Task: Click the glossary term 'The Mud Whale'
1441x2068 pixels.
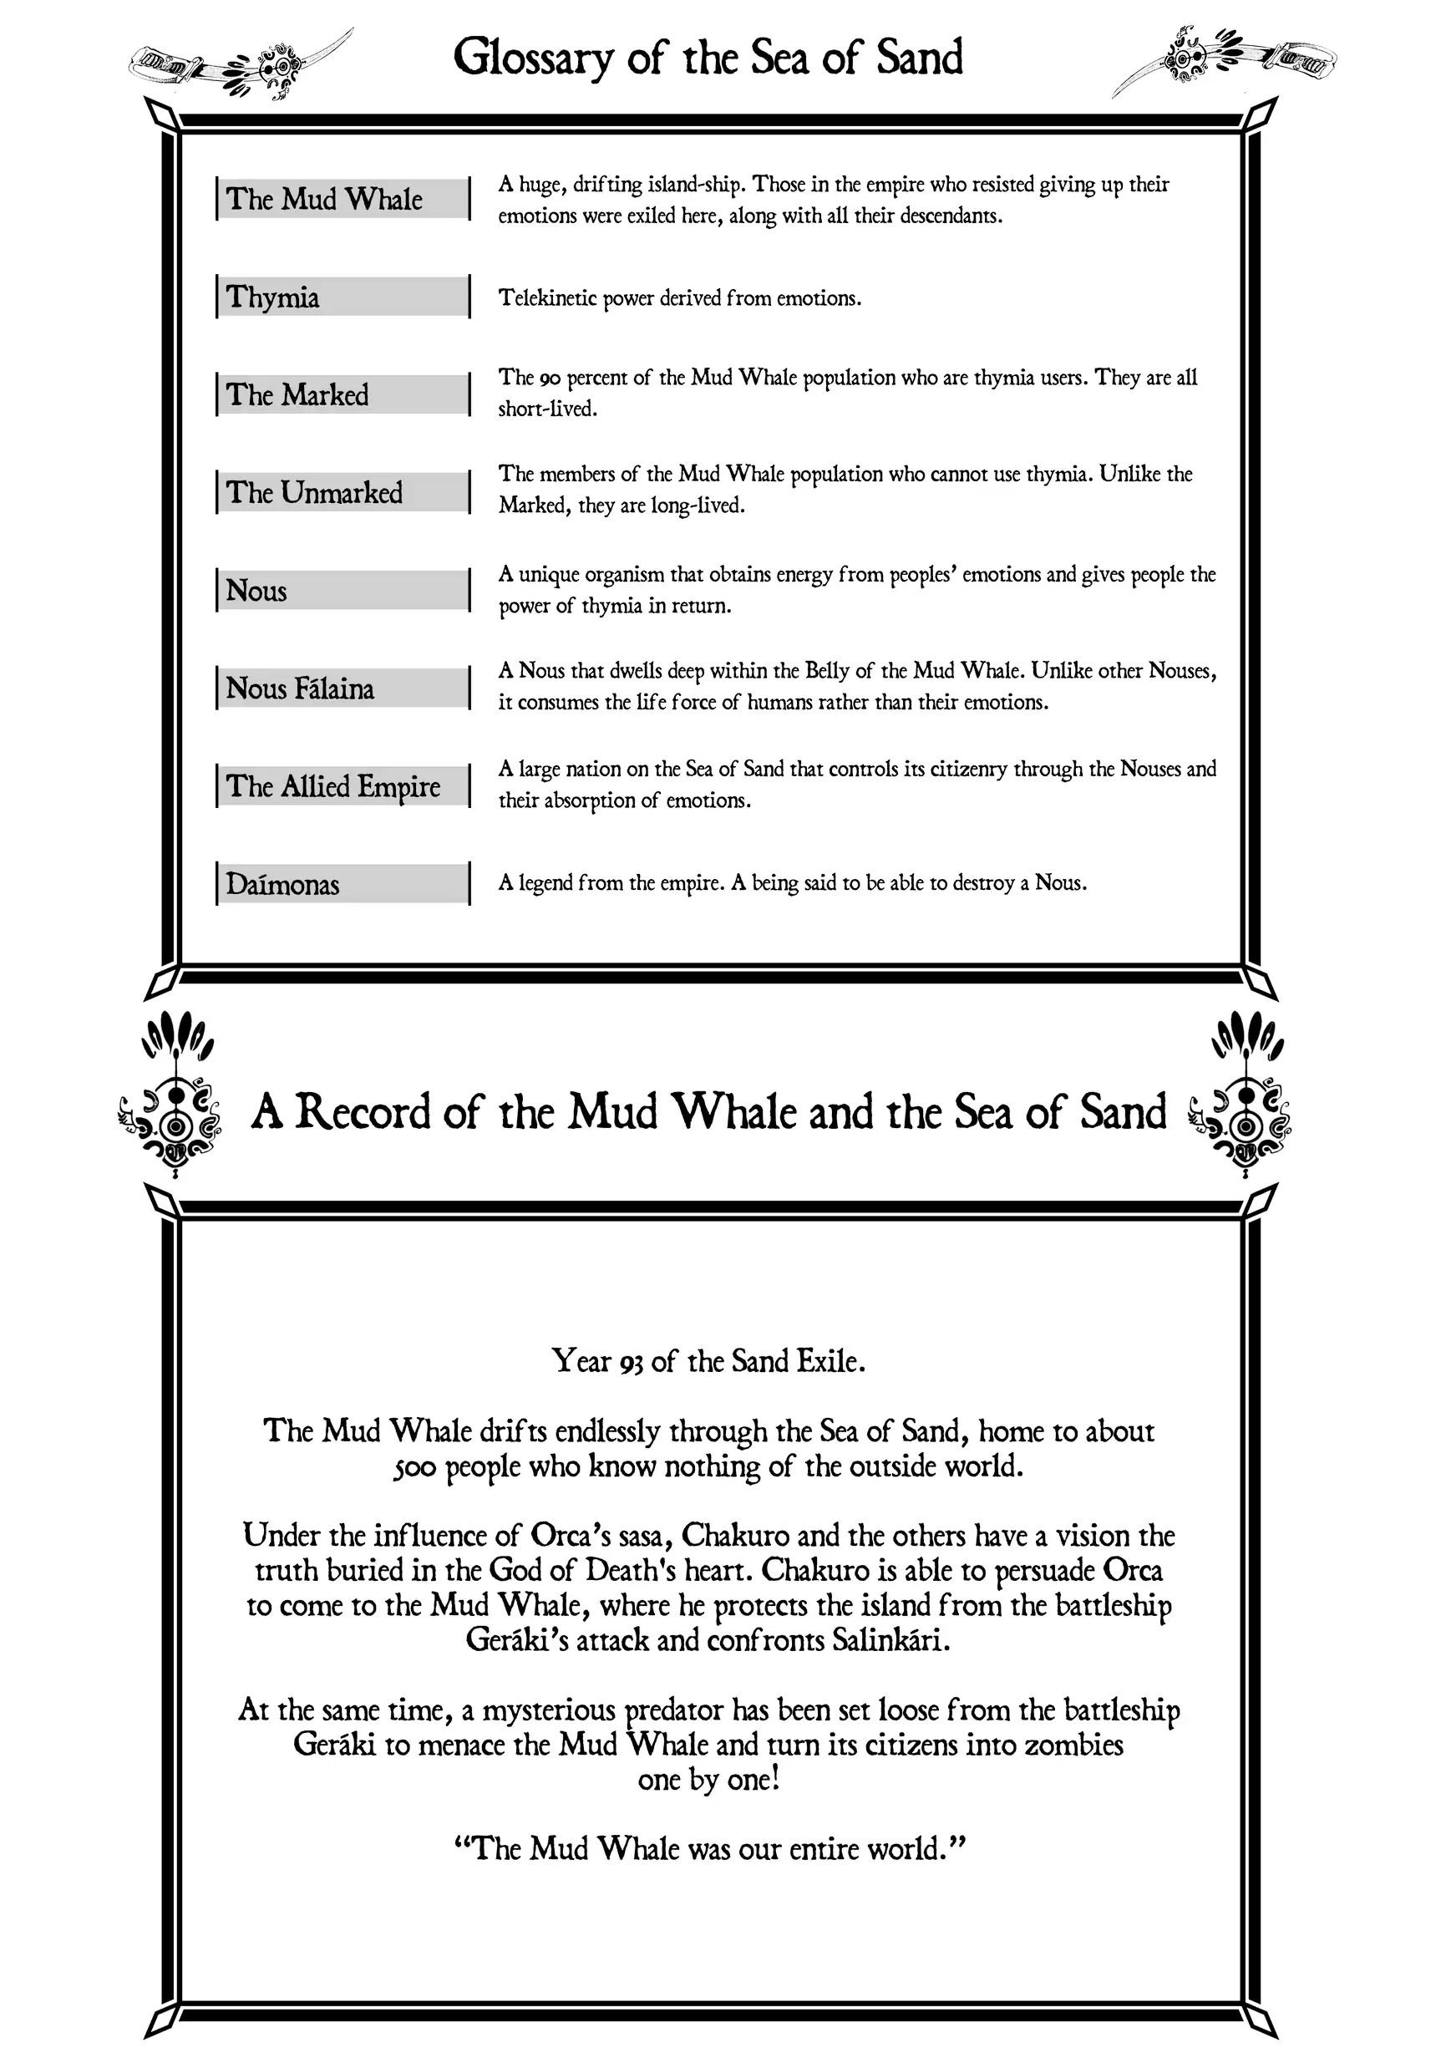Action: coord(324,198)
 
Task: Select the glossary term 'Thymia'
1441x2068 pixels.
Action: coord(273,297)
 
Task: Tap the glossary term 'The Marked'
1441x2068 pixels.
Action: coord(297,394)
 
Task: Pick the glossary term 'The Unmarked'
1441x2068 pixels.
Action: coord(314,493)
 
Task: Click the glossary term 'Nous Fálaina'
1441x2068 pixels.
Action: coord(300,688)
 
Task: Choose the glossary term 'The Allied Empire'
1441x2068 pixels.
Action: coord(333,786)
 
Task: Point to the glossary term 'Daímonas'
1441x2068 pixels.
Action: coord(283,885)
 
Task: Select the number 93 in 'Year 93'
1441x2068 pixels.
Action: coord(632,1361)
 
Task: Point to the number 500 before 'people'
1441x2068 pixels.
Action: coord(414,1467)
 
